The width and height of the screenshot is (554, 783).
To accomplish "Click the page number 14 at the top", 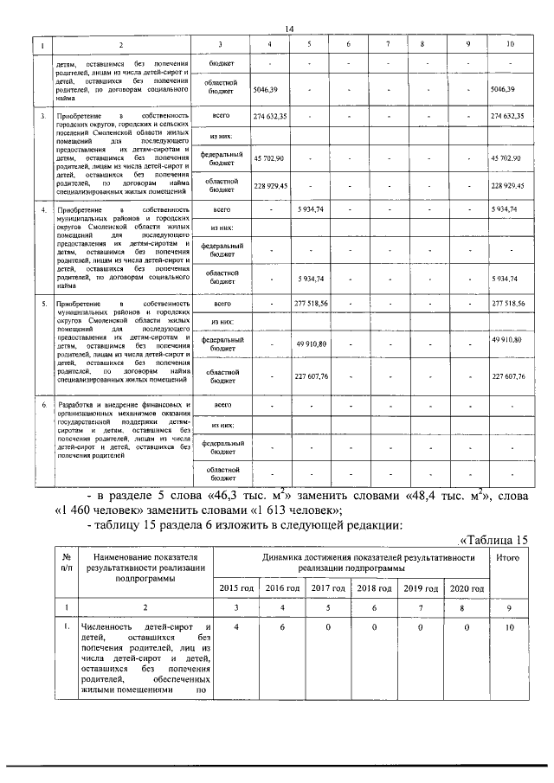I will point(289,29).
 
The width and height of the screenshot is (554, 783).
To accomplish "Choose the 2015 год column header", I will point(235,588).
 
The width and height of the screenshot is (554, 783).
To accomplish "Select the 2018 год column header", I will point(377,588).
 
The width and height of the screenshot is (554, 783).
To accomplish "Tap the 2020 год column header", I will point(469,588).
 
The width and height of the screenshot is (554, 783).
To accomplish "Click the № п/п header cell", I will point(66,563).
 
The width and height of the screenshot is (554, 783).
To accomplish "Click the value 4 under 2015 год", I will point(235,626).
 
